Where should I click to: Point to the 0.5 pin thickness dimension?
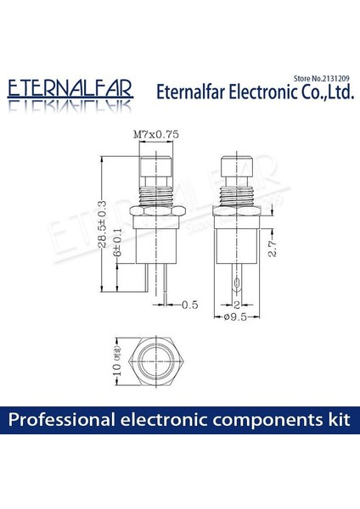(x=189, y=303)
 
